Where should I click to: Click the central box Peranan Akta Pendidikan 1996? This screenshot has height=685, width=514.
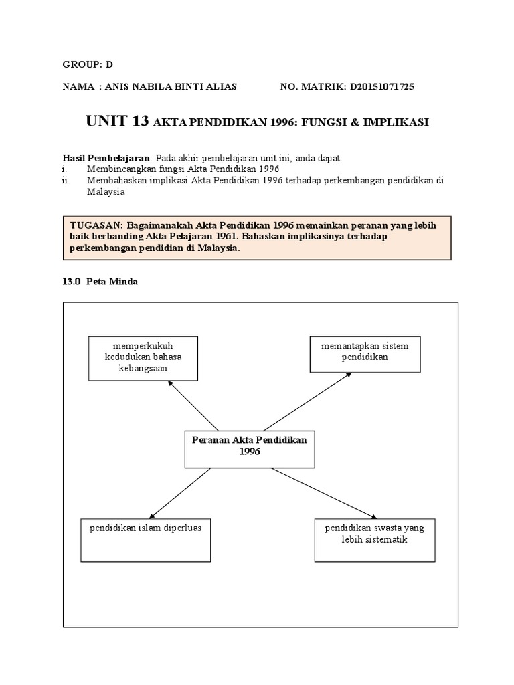pos(249,448)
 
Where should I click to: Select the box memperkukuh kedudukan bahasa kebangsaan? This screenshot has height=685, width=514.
pos(143,359)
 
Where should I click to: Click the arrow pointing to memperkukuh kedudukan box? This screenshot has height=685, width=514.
pos(193,405)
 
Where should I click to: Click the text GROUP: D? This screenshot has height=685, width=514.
pos(88,64)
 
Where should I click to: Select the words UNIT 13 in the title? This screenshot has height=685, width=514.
pos(117,122)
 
